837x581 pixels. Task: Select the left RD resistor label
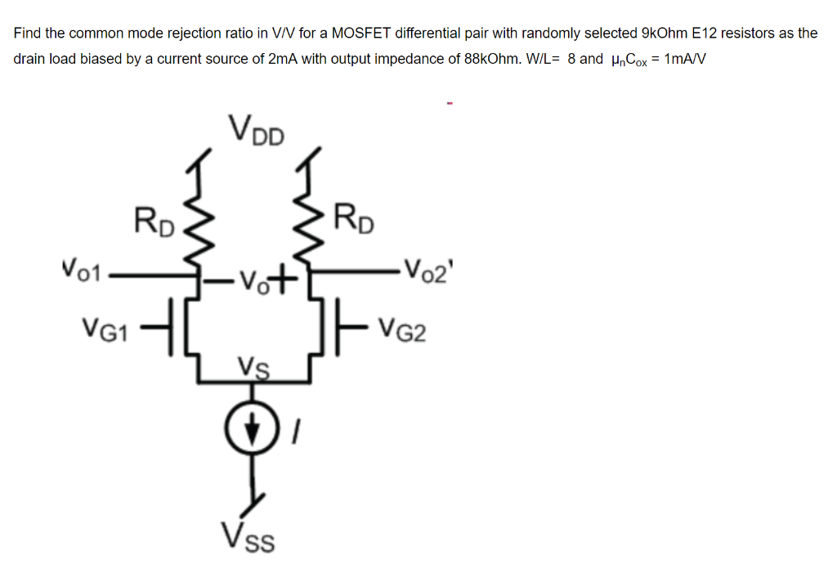(x=154, y=222)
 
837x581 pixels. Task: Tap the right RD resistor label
(x=353, y=221)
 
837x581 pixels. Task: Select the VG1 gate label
(x=103, y=330)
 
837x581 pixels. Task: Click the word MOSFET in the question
(x=363, y=34)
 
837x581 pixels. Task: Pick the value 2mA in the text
(x=283, y=60)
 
